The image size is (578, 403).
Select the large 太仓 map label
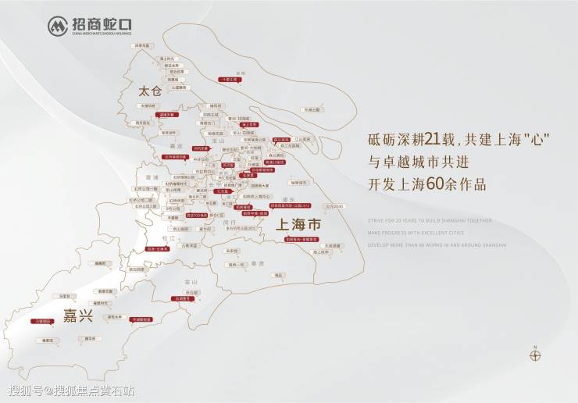pyautogui.click(x=149, y=91)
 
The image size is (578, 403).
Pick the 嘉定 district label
pyautogui.click(x=175, y=146)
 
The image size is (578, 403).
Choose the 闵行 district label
pyautogui.click(x=229, y=222)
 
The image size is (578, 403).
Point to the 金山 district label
pyautogui.click(x=186, y=280)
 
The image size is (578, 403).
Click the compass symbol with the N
pyautogui.click(x=535, y=355)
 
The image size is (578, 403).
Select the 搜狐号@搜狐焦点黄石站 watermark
pyautogui.click(x=70, y=390)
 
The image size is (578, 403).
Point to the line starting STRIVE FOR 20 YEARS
pyautogui.click(x=430, y=220)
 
